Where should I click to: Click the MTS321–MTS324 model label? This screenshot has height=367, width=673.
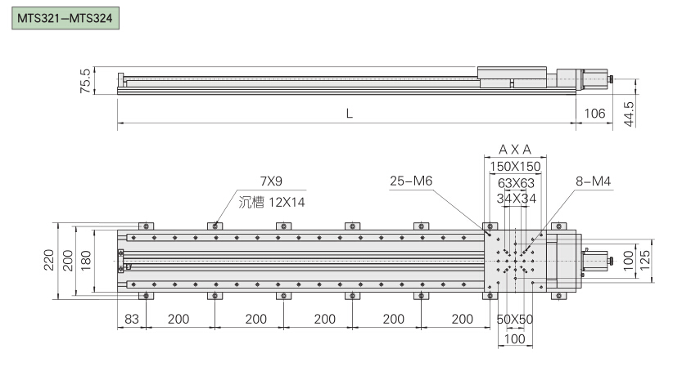click(x=65, y=18)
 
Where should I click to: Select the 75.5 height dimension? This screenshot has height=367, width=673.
click(x=85, y=81)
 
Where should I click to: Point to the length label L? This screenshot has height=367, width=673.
click(x=350, y=114)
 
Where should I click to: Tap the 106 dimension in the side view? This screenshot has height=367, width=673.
click(x=594, y=113)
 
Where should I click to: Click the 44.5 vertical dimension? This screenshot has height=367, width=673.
click(x=629, y=114)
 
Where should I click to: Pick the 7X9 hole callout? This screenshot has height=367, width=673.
click(x=271, y=181)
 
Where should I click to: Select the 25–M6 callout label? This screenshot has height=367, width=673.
click(x=411, y=181)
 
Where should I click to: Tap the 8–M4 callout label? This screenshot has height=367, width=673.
click(x=593, y=181)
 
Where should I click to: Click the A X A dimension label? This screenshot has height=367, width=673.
click(x=515, y=150)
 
